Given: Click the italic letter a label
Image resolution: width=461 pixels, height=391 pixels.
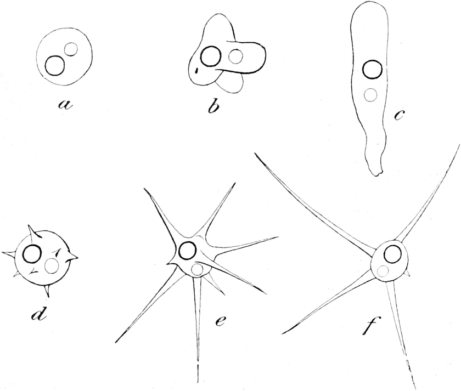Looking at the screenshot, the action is tap(65, 104).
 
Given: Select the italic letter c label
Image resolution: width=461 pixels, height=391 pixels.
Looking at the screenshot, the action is tap(398, 116).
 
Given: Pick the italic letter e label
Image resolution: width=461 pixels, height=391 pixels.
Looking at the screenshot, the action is tap(220, 321).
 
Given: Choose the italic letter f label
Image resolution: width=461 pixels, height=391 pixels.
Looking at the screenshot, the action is tap(369, 325).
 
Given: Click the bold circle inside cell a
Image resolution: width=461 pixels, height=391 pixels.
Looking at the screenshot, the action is tap(55, 65).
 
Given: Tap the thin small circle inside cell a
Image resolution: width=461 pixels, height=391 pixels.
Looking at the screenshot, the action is tap(71, 49).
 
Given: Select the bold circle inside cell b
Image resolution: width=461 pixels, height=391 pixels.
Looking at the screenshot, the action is tap(211, 56).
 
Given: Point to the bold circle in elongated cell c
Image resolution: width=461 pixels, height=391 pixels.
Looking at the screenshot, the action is tap(373, 69).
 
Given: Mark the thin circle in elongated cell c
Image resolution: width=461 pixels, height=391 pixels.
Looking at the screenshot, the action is tap(370, 95).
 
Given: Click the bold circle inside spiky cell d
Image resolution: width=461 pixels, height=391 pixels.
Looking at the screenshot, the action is tap(32, 254).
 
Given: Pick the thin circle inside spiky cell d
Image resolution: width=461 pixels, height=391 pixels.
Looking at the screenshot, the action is tap(52, 266).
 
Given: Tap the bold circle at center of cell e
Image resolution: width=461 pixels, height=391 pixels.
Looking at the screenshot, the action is tap(187, 251).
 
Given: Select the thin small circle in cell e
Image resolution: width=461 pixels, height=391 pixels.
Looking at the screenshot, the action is tap(196, 270).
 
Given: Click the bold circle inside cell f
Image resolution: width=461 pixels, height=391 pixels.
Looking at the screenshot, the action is tap(392, 253).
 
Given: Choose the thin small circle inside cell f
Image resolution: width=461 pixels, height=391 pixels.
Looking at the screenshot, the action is tap(383, 270).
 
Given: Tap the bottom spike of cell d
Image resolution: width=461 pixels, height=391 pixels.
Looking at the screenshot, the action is tap(47, 291).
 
